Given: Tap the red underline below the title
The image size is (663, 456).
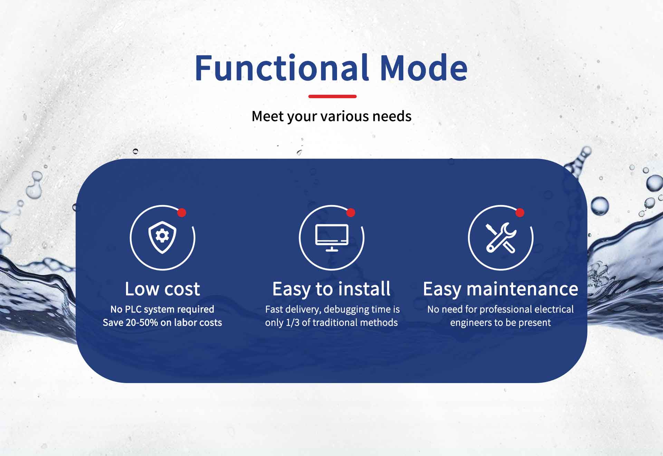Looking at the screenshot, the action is [332, 96].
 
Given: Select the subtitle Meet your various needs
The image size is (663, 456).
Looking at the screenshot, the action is [331, 117].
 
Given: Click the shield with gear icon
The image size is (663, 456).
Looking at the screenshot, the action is [162, 238].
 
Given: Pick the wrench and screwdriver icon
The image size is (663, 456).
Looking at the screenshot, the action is [501, 238].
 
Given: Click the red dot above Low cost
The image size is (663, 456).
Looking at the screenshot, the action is [182, 213].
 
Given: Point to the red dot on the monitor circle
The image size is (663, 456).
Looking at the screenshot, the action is [351, 213].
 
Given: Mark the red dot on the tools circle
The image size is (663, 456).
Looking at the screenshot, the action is [520, 213].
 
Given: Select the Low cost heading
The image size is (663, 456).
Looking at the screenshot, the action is [162, 289].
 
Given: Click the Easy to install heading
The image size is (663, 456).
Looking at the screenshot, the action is [331, 289].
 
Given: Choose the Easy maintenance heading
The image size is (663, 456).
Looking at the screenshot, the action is [501, 289].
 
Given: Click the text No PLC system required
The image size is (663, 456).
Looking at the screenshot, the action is [162, 309].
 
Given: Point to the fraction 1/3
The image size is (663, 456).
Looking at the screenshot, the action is [292, 323].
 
